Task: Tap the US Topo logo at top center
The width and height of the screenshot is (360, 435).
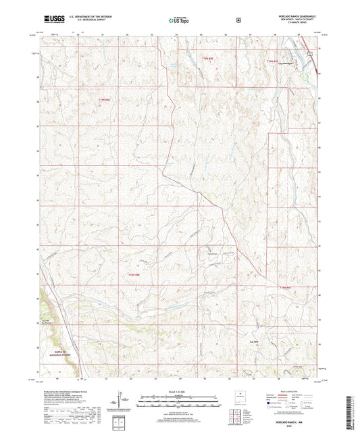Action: (179, 20)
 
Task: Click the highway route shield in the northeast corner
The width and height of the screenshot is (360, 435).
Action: (310, 53)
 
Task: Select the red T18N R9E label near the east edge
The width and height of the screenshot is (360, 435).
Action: (286, 286)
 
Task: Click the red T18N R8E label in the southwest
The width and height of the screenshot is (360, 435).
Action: (133, 274)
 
